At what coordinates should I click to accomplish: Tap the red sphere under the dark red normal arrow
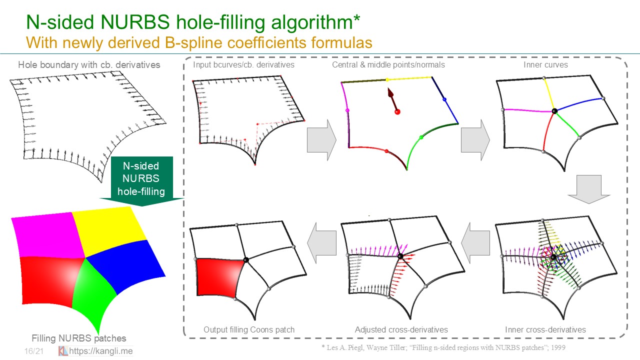397,111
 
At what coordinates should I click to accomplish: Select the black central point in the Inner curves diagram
554,111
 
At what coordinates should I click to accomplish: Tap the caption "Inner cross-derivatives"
545,329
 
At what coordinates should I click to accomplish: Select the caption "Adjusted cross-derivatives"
401,329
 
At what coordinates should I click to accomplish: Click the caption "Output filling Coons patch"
249,329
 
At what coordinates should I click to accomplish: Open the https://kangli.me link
101,351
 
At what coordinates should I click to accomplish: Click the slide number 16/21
34,351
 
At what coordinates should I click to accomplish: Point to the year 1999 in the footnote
558,347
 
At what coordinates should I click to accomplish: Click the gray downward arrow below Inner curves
589,189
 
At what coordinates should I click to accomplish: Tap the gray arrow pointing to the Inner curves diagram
475,140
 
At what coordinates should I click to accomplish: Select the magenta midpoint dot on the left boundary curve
347,110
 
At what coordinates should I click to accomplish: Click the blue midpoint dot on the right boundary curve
444,99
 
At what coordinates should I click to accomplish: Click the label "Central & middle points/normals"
388,65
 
